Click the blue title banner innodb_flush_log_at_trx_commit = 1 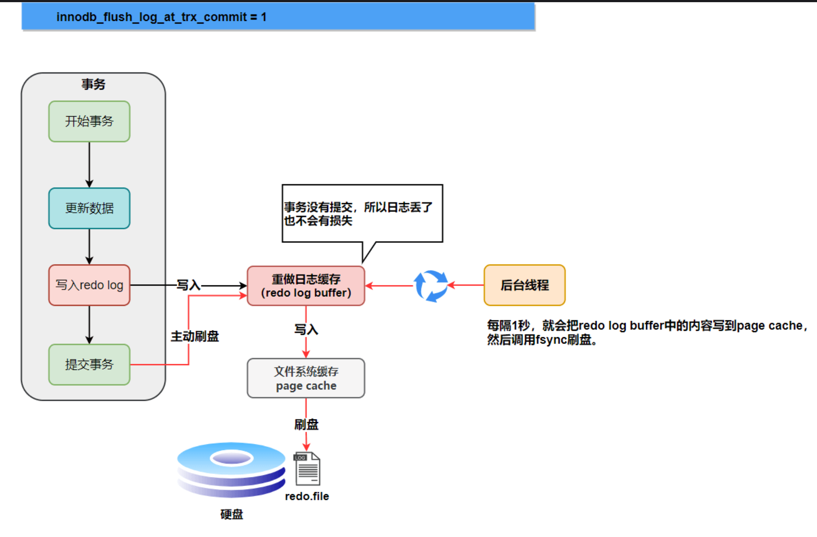click(278, 17)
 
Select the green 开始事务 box click(89, 121)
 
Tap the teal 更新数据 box click(89, 208)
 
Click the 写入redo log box click(89, 285)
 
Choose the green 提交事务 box click(89, 365)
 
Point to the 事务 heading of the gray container click(93, 84)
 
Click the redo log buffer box click(306, 286)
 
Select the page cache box click(306, 378)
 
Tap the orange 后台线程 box click(524, 285)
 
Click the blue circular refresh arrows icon click(430, 286)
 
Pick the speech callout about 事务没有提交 click(362, 213)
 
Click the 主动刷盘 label click(195, 336)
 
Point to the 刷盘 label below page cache click(306, 424)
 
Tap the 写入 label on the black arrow click(188, 285)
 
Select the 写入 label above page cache click(306, 329)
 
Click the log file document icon click(307, 469)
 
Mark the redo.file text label click(307, 496)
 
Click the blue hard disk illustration click(231, 470)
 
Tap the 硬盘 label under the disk click(231, 514)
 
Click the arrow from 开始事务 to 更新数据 click(89, 164)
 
